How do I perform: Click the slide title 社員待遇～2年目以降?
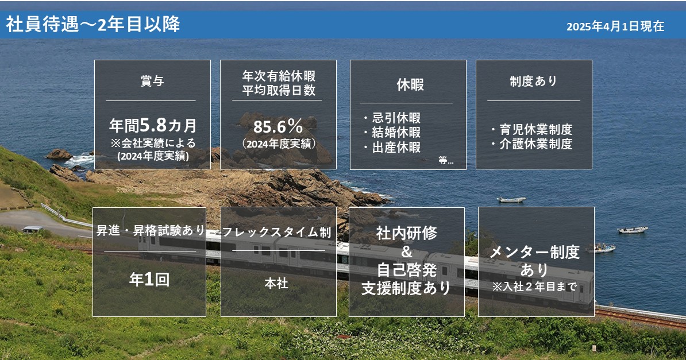[93, 25]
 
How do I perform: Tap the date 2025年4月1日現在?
[615, 26]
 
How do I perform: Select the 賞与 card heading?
[152, 81]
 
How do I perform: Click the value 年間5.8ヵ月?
[153, 126]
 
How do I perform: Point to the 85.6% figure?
[278, 127]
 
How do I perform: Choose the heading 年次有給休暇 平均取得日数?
[279, 83]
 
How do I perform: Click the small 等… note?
[446, 161]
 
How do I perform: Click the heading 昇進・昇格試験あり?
[151, 230]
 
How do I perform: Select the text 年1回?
[149, 280]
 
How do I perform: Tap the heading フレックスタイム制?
[277, 232]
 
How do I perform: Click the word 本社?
[276, 284]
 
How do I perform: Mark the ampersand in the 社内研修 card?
[406, 251]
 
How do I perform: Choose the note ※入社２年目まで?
[534, 287]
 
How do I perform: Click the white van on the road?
[32, 229]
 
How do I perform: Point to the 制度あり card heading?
[533, 81]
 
